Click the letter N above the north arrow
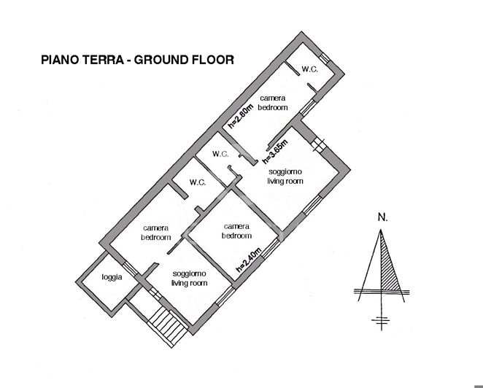(382, 217)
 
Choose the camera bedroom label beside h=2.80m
(272, 103)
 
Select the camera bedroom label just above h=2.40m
(237, 230)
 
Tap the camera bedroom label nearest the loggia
(156, 233)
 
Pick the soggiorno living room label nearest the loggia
(189, 278)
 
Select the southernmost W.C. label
(197, 182)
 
